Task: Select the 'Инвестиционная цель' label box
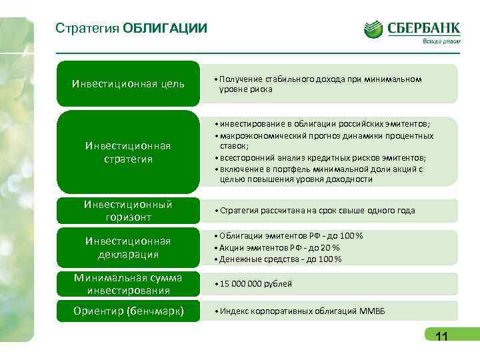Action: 128,84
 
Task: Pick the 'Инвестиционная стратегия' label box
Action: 128,153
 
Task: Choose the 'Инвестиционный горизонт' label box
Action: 128,211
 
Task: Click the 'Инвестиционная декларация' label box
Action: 128,247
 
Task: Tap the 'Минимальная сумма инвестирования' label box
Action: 128,284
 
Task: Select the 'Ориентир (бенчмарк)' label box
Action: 128,311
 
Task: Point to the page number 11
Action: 441,337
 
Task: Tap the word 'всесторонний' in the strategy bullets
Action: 244,158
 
